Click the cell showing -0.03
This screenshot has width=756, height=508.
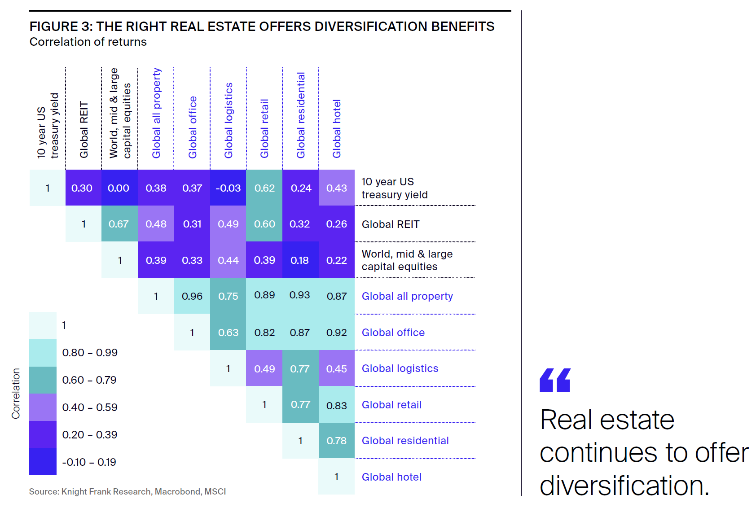(228, 188)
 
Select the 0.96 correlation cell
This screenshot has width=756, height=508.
(192, 296)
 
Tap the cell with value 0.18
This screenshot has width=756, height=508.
(299, 260)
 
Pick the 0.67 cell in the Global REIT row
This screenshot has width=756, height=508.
(119, 224)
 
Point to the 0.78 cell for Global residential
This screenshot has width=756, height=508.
(336, 441)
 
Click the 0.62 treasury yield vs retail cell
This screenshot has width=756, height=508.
(264, 188)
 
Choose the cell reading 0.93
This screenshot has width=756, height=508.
(299, 295)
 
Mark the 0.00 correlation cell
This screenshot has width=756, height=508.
(119, 188)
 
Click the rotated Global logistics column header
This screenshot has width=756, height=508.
(229, 120)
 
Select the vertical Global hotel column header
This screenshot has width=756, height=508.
(337, 129)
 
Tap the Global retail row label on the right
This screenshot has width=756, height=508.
(391, 405)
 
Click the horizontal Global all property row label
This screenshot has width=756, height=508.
(407, 296)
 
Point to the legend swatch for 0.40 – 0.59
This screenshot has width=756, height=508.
(43, 407)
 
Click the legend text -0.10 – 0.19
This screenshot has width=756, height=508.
(89, 462)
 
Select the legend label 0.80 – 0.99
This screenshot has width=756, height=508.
(90, 353)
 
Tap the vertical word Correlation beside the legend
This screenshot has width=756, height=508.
(16, 394)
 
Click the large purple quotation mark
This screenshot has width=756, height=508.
(555, 380)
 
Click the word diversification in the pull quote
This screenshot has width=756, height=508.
(624, 486)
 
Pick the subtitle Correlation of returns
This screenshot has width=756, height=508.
(88, 42)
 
